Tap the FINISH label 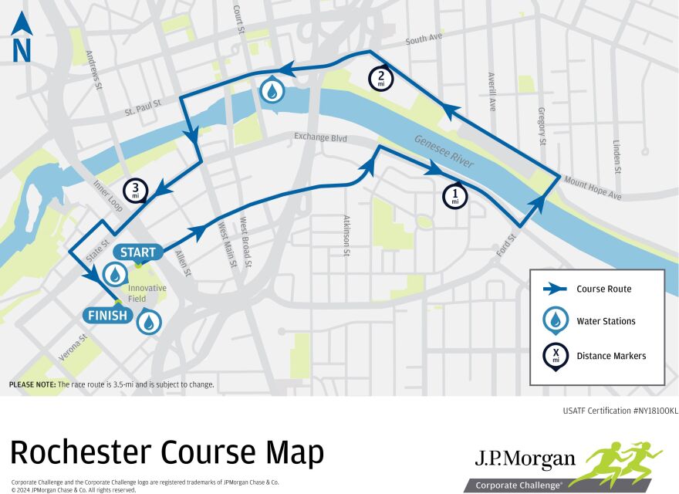click(x=108, y=315)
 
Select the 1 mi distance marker click(x=455, y=195)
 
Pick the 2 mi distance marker click(x=381, y=77)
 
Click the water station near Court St click(x=272, y=90)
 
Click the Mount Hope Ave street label click(x=592, y=188)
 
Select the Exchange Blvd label click(x=319, y=138)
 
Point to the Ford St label click(x=507, y=246)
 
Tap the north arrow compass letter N click(x=22, y=50)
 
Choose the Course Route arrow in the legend click(x=554, y=289)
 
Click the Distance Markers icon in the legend click(x=554, y=355)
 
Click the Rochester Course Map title click(x=167, y=452)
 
